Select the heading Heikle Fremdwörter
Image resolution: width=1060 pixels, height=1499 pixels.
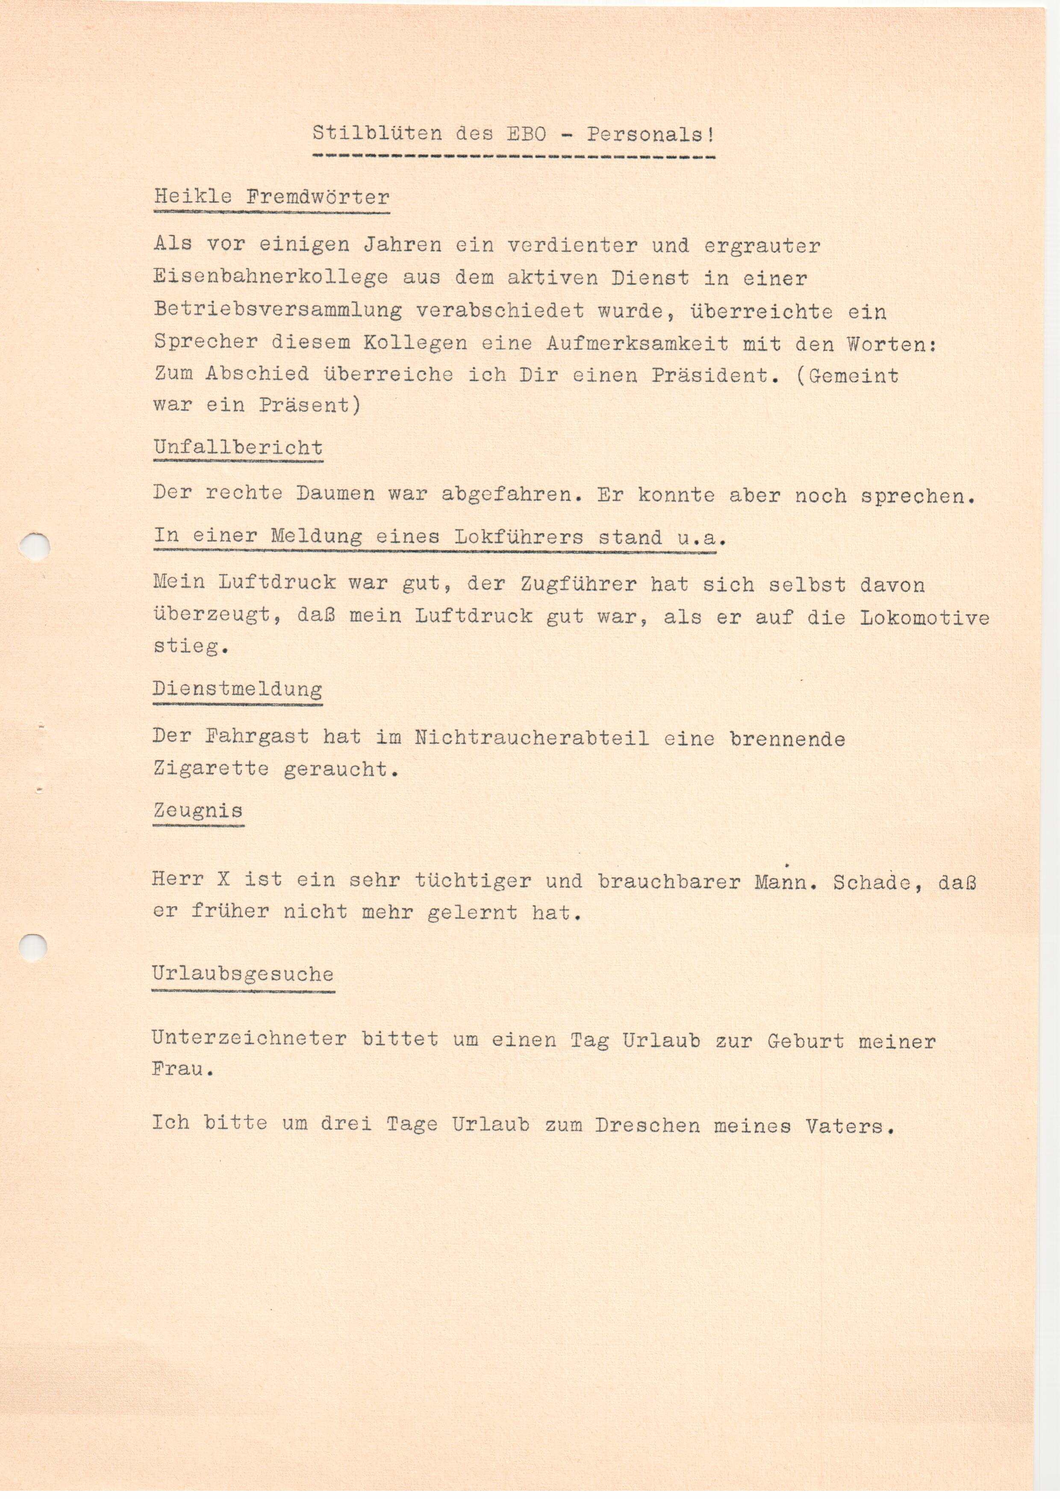click(x=271, y=197)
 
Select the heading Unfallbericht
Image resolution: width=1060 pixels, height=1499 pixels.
click(x=238, y=448)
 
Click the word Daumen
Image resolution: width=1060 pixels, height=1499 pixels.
click(x=336, y=494)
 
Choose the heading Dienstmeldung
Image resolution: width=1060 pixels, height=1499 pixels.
click(x=238, y=689)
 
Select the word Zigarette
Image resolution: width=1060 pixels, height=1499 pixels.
click(x=211, y=769)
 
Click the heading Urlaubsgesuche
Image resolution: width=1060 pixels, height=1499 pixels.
click(x=243, y=975)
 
